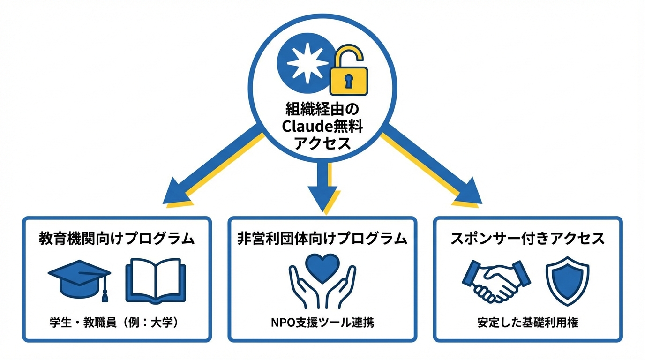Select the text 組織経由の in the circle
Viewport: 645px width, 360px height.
click(322, 110)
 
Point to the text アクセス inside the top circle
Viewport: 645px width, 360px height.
click(322, 143)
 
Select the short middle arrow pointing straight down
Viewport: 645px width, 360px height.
click(322, 185)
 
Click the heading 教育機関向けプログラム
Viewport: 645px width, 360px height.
click(116, 239)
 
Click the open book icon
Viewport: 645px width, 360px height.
click(156, 281)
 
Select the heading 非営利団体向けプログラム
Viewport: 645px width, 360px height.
click(322, 239)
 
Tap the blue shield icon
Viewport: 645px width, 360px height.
click(567, 280)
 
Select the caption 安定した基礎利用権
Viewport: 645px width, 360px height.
click(528, 322)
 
